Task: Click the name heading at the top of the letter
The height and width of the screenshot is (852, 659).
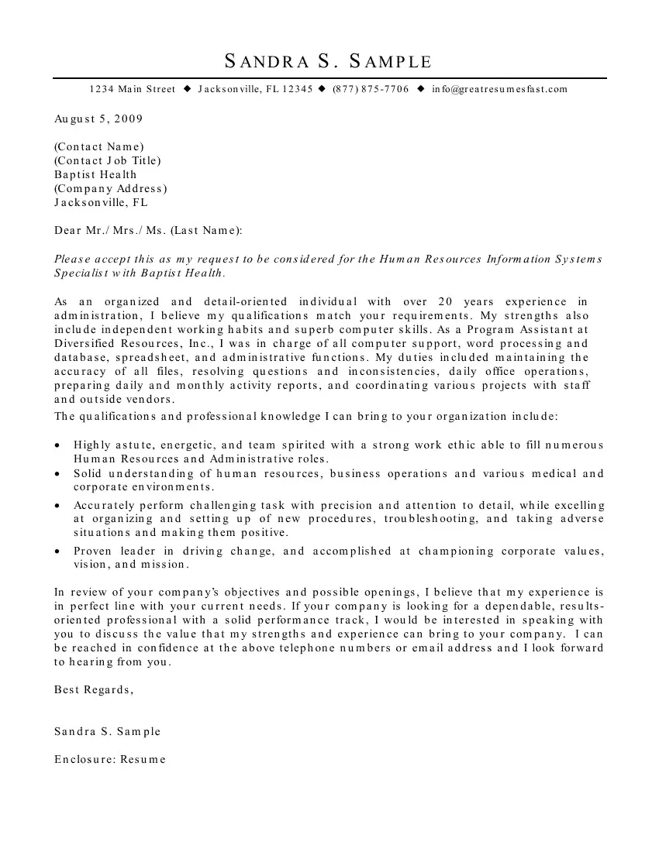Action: click(x=328, y=62)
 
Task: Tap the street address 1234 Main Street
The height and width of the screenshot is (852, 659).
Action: click(x=133, y=89)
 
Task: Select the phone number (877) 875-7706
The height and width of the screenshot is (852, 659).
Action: click(x=371, y=89)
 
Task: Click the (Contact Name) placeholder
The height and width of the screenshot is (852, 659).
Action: click(x=99, y=146)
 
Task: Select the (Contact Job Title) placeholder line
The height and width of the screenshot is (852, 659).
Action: click(x=108, y=160)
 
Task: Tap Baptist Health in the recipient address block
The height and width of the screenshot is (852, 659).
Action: click(x=95, y=174)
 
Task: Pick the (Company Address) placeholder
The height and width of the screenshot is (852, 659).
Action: click(x=111, y=188)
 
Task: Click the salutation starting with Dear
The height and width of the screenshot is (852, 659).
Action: click(x=148, y=230)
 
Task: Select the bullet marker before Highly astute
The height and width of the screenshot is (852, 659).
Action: click(x=59, y=446)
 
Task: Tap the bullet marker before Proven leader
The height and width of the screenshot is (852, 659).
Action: click(x=59, y=552)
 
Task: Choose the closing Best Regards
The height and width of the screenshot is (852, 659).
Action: click(x=94, y=689)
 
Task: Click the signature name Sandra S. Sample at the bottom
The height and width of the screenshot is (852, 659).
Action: click(x=108, y=731)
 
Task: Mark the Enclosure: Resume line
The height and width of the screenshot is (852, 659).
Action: click(x=110, y=759)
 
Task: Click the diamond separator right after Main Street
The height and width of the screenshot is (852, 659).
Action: click(x=187, y=89)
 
